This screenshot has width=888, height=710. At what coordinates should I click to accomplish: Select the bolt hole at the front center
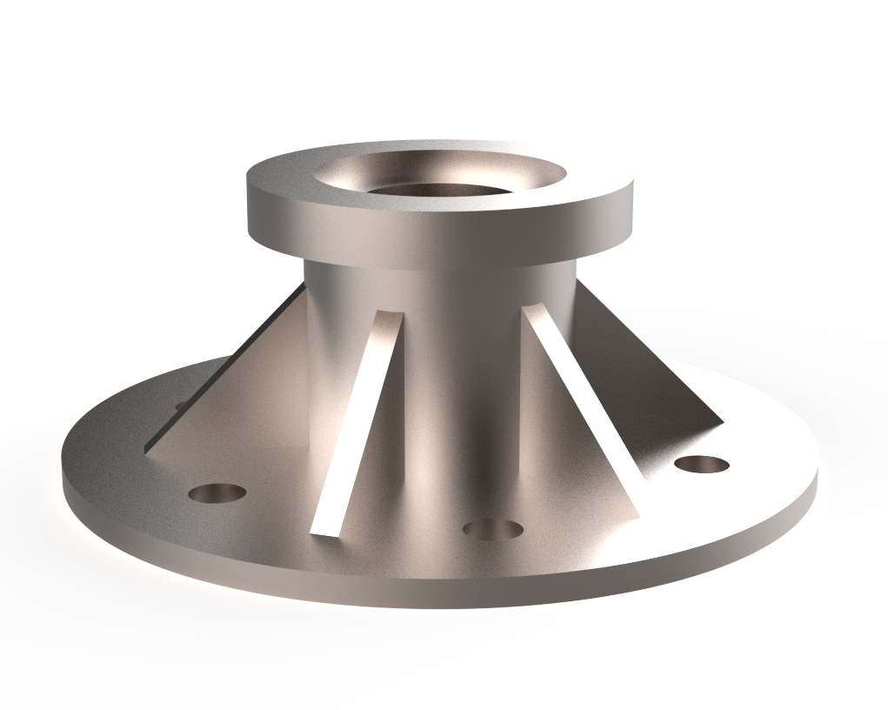492,528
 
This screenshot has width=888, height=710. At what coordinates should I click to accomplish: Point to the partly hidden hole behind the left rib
180,405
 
